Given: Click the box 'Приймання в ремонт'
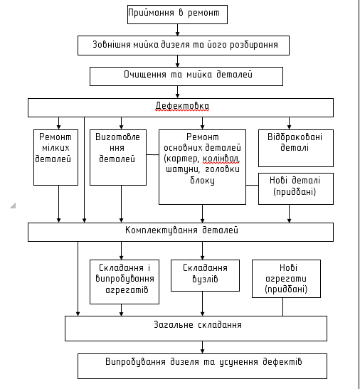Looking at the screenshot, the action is coord(177,14).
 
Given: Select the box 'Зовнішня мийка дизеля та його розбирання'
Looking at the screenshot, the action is coord(184,46).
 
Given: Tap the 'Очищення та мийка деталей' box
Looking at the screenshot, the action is coord(186,76).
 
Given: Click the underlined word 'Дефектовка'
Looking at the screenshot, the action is coord(182,106).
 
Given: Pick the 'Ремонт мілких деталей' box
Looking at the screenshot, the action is coord(56,157).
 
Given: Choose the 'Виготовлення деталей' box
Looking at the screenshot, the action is coord(118,157).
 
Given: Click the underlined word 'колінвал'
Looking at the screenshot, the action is coord(221,159).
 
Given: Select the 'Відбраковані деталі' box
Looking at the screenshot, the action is coord(296,148).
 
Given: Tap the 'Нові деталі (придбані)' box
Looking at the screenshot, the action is coord(296,188).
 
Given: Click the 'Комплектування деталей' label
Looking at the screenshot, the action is coord(181,230).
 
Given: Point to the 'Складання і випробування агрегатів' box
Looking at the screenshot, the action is coord(125,282).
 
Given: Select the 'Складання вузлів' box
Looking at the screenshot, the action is coord(205,275).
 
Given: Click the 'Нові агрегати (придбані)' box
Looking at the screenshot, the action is coord(286,279).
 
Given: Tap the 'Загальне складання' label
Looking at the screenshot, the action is coord(198,325).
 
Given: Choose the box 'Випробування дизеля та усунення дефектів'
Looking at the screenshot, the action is coord(202,366).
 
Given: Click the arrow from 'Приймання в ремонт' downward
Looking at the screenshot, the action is coord(178,30).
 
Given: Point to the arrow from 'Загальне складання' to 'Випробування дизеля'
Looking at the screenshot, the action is coord(202,347).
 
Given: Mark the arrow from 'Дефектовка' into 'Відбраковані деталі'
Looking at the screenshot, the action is coord(289,123).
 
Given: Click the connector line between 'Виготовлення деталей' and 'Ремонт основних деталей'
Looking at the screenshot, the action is coord(153,154).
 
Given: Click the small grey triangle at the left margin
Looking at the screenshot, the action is coord(14,206).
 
